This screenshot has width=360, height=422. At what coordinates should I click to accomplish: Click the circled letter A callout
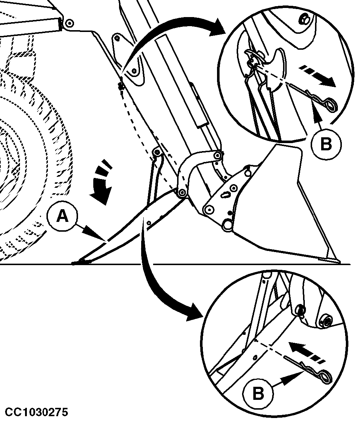click(x=62, y=216)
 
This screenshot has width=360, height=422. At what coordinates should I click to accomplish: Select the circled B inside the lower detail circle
click(x=258, y=394)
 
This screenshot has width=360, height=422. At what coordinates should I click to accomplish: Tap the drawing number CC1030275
click(x=37, y=412)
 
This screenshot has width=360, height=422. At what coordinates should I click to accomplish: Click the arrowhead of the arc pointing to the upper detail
click(x=217, y=28)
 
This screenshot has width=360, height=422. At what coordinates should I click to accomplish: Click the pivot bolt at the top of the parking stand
click(x=156, y=153)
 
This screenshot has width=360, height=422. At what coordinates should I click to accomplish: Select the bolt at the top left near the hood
click(x=70, y=23)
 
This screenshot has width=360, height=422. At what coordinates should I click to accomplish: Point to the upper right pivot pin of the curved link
click(x=218, y=155)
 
